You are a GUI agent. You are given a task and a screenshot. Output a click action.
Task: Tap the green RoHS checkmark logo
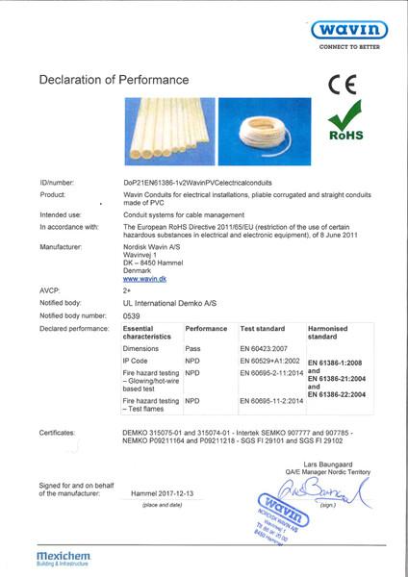[345, 129]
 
